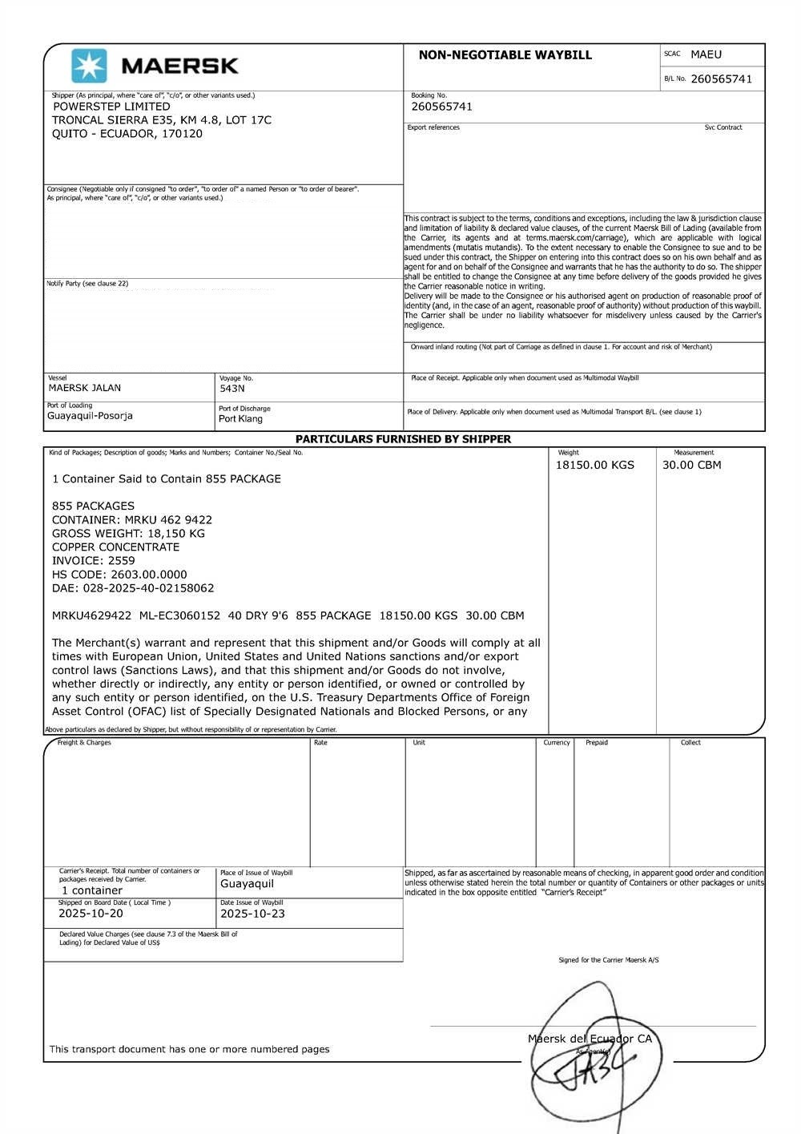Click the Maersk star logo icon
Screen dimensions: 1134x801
click(x=89, y=66)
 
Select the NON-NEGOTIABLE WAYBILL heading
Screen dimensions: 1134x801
click(x=505, y=55)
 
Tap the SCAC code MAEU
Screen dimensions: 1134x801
click(x=706, y=54)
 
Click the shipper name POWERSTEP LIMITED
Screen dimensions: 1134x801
click(x=111, y=107)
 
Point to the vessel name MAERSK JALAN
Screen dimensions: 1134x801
click(x=85, y=388)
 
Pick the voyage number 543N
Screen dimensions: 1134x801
click(x=231, y=389)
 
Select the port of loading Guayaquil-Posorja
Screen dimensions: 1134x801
click(x=90, y=416)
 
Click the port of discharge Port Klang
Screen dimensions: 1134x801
click(x=240, y=419)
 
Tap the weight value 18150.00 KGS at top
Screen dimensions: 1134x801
click(x=594, y=465)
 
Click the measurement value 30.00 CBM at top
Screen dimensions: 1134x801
click(x=691, y=465)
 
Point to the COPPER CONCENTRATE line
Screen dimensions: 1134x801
click(x=115, y=547)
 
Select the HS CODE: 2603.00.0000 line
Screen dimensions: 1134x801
click(x=119, y=575)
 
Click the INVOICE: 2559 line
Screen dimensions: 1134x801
click(x=94, y=561)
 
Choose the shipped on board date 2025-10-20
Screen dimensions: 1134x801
click(x=91, y=914)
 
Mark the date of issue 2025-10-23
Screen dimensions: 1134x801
click(x=252, y=914)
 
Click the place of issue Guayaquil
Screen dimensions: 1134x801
click(x=247, y=884)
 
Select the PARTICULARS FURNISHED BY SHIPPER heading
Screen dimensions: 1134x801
click(x=403, y=439)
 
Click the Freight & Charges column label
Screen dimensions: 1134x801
click(x=84, y=743)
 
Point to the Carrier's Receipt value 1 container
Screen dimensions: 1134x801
click(x=92, y=890)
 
